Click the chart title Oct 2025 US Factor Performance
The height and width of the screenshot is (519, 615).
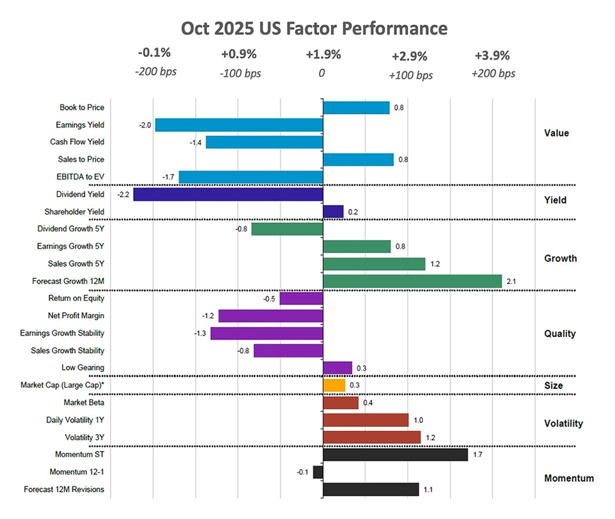pos(314,29)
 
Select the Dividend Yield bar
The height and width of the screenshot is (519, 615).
pos(228,194)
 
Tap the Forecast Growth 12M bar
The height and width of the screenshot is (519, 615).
pos(412,281)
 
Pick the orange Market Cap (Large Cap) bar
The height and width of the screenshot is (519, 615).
pos(334,385)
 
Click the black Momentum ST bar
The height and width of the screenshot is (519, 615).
pos(395,455)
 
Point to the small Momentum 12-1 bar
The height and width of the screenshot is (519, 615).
pos(318,472)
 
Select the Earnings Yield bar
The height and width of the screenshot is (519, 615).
pos(239,125)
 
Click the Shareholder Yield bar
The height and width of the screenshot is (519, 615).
pos(333,212)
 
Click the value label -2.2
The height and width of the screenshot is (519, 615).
pos(122,195)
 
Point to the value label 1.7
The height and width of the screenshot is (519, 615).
pos(478,455)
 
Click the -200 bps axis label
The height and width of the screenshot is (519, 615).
pos(156,71)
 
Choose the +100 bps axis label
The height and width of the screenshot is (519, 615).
pos(410,75)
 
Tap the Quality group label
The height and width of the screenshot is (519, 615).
pos(559,333)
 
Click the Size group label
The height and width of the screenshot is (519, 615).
pos(552,385)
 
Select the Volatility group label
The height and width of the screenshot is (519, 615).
pos(563,423)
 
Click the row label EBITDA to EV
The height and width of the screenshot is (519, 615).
pos(78,177)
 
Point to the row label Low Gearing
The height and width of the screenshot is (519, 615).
pos(83,368)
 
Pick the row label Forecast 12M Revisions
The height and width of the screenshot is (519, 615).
pos(64,489)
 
